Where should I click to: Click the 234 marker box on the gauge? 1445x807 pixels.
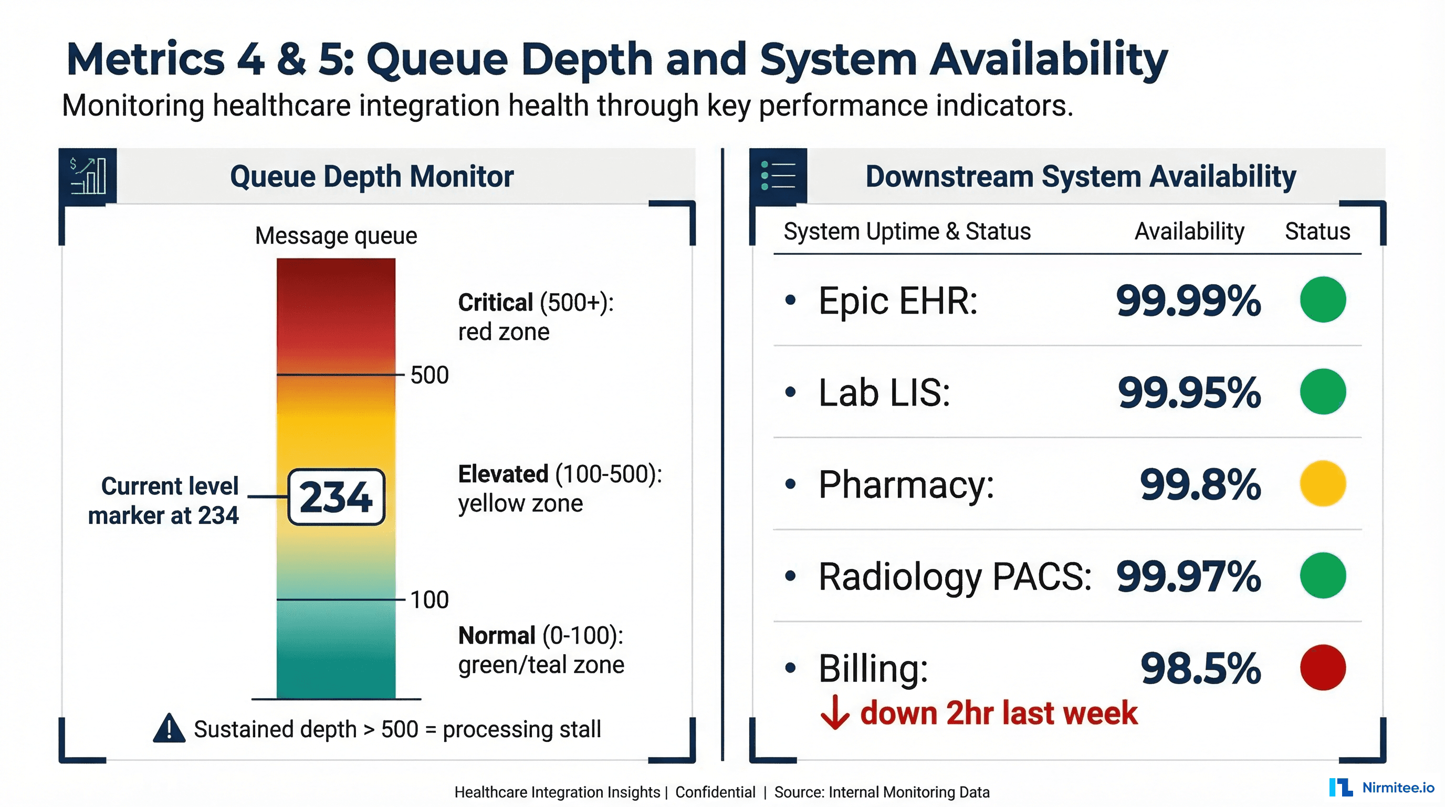336,496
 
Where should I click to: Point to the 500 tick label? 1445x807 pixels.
429,375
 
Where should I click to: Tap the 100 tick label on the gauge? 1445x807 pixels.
429,600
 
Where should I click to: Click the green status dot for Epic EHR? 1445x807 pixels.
1322,299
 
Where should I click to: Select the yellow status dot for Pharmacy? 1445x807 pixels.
1322,484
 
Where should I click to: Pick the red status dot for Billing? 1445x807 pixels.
1322,667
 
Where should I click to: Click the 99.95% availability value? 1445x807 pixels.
1189,392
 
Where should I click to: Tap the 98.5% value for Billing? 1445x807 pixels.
1200,668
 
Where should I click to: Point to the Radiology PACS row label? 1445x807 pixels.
954,576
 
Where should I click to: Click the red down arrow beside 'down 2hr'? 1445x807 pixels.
835,713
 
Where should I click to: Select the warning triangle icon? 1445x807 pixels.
169,729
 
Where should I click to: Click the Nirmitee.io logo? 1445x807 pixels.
1381,788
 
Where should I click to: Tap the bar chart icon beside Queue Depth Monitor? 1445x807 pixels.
88,175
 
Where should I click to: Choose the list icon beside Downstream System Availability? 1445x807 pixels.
778,175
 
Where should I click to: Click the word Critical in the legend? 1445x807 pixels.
495,303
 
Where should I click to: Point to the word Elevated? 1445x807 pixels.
502,474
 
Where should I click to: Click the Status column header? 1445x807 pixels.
1317,232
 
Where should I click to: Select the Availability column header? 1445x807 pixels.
1189,232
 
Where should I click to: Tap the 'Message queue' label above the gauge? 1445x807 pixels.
336,236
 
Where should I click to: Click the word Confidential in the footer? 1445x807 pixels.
715,792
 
